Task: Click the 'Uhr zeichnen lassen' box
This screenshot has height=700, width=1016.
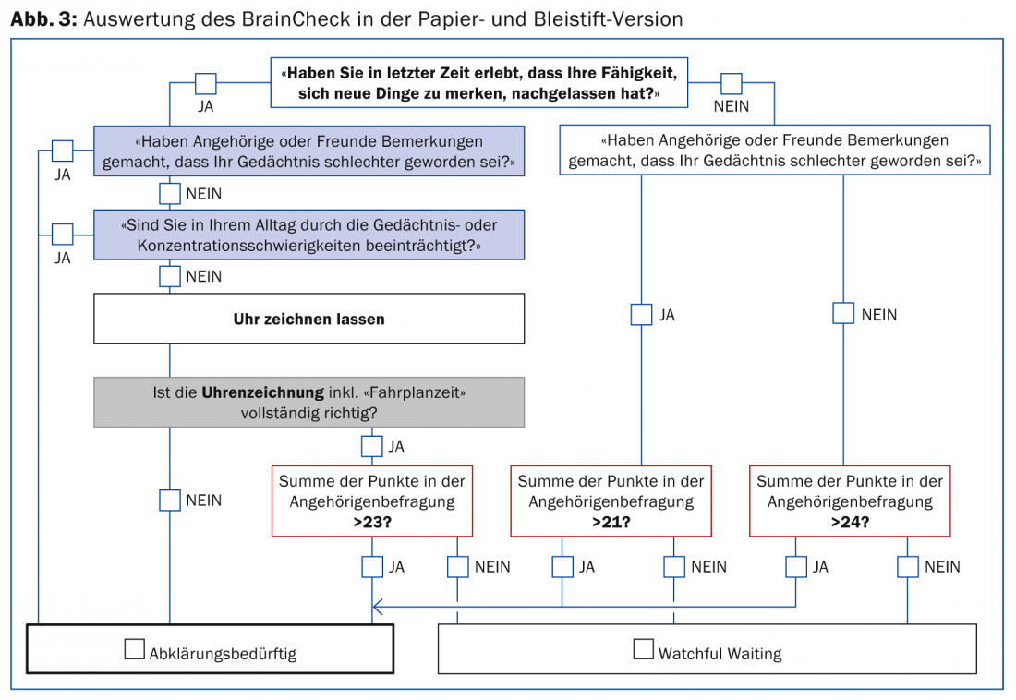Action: pos(308,320)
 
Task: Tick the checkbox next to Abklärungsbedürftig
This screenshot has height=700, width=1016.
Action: pos(134,649)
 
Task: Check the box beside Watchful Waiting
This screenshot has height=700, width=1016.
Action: pos(643,649)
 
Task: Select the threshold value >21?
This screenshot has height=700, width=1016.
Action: pos(611,522)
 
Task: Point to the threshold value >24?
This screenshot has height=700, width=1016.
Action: pos(850,522)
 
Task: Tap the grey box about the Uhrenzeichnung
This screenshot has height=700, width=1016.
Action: pos(308,402)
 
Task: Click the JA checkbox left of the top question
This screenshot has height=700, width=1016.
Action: pos(205,84)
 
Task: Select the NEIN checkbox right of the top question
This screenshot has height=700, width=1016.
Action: pos(732,84)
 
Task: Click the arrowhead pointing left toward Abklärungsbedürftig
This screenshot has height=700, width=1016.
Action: pos(376,607)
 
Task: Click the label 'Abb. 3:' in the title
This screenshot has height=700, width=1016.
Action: pos(42,18)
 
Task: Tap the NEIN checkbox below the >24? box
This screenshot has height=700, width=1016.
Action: pos(908,566)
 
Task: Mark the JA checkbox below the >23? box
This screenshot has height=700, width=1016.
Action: pos(371,566)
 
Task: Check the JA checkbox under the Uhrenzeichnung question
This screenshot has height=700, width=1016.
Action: pos(371,446)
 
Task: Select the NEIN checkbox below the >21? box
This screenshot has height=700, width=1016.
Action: pos(673,566)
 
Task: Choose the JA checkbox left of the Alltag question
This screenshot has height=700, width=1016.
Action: pos(63,235)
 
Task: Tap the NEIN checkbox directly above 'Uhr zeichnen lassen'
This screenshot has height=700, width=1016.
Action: pos(169,275)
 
